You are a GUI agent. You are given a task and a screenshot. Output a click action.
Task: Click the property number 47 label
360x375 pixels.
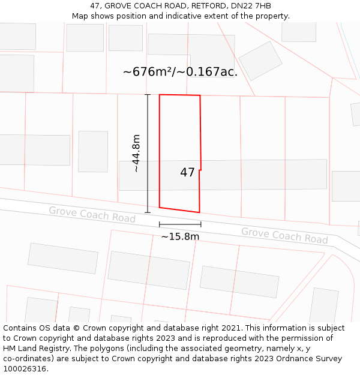[187, 173]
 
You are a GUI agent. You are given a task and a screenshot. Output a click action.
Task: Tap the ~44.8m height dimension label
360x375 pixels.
[136, 154]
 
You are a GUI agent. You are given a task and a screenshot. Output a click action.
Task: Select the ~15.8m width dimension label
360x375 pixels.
[180, 236]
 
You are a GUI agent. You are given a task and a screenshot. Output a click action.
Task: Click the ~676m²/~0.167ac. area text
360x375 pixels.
[180, 72]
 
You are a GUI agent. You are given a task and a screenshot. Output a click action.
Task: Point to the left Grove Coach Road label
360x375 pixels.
[92, 214]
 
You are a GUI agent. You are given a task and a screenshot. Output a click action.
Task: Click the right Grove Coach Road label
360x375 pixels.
[284, 235]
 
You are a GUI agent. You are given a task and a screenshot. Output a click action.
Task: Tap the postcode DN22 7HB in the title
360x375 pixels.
[251, 6]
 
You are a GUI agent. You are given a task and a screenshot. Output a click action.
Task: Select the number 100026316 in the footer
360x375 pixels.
[25, 369]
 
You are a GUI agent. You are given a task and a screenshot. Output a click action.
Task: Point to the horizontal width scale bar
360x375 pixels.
[180, 224]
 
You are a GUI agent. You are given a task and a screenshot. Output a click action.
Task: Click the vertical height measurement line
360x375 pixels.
[148, 154]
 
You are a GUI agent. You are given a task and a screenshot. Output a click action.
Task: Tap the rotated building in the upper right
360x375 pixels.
[260, 61]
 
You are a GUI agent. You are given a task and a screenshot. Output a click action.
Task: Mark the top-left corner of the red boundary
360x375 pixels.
[160, 95]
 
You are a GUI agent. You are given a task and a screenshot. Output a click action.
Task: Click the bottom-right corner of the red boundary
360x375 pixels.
[199, 212]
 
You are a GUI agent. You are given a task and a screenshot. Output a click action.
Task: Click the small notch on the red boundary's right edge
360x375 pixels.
[200, 170]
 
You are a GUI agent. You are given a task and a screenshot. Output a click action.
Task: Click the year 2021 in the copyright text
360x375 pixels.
[230, 328]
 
